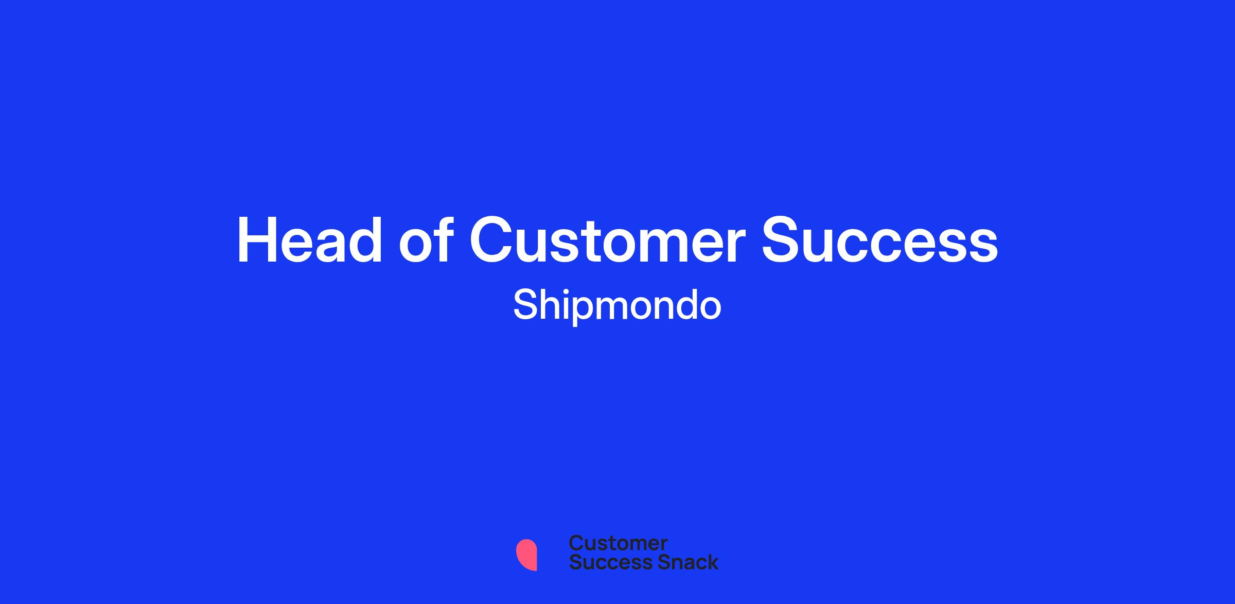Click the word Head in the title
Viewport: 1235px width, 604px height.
click(309, 240)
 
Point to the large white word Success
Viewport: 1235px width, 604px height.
click(880, 240)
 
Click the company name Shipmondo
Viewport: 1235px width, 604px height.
click(617, 306)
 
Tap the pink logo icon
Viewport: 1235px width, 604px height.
click(526, 555)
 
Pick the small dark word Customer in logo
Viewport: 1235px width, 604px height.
click(618, 543)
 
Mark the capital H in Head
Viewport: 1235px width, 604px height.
click(256, 240)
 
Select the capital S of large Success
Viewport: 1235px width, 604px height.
click(781, 240)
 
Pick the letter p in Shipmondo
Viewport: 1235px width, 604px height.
click(583, 310)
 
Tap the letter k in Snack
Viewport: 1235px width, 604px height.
click(712, 562)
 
